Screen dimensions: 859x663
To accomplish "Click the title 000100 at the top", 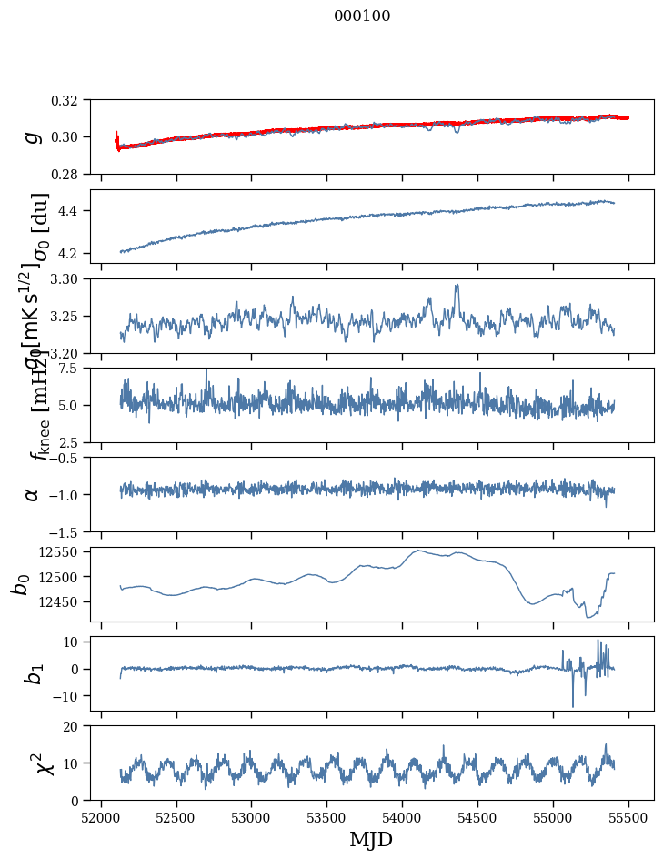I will click(x=362, y=15).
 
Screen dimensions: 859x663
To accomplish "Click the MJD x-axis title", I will click(x=371, y=840).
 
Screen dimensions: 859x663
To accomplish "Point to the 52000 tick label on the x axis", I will click(x=101, y=816).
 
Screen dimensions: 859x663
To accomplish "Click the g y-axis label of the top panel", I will click(x=33, y=136).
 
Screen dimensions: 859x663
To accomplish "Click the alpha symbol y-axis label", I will click(x=33, y=494).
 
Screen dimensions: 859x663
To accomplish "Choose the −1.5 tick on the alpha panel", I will click(x=70, y=531).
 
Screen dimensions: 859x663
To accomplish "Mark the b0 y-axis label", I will click(x=20, y=584).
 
